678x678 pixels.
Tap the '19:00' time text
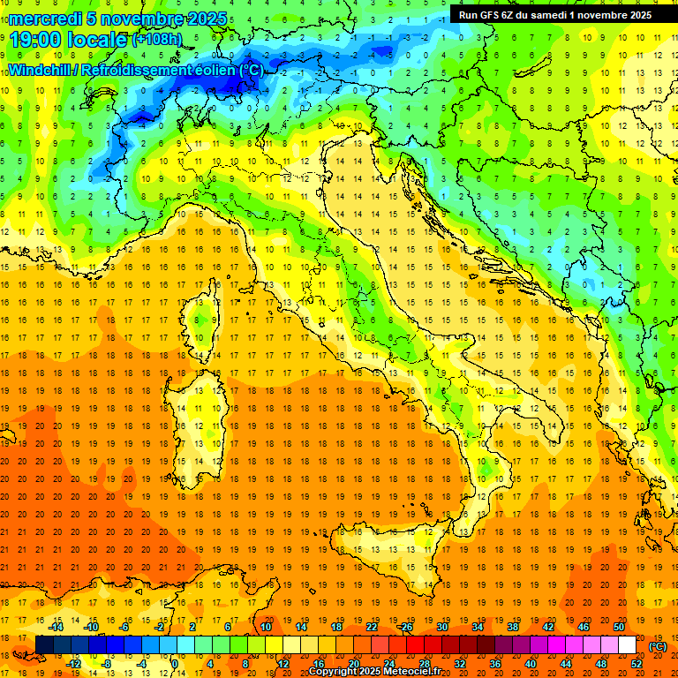coord(35,40)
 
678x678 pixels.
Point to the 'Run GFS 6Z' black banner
coord(554,14)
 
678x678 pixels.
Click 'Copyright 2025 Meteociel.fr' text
coord(380,672)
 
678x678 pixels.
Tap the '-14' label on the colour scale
coord(56,626)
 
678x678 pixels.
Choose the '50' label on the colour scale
coord(618,626)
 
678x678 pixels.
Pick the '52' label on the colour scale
coord(637,663)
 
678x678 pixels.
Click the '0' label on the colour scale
coord(175,663)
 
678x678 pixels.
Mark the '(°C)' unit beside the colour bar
coord(658,645)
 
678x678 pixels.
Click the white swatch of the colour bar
coord(627,644)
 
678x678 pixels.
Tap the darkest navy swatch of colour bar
coord(44,644)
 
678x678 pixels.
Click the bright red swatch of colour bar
coord(415,644)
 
